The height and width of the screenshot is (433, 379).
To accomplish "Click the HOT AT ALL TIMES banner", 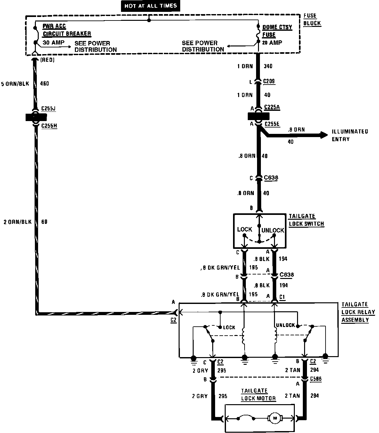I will [150, 6].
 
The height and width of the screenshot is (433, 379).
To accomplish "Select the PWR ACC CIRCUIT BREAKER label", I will [67, 30].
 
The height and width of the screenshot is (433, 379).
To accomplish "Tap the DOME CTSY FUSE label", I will [277, 31].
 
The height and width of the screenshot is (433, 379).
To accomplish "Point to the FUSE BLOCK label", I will [312, 20].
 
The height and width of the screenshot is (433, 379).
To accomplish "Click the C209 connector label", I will [269, 82].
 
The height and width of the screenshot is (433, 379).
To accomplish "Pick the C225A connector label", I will [272, 107].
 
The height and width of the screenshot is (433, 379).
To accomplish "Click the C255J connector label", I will [49, 109].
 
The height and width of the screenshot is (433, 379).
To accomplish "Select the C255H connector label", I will [49, 126].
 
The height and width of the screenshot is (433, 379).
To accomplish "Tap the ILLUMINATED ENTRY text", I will [350, 135].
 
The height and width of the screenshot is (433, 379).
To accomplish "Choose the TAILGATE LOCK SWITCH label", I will [306, 220].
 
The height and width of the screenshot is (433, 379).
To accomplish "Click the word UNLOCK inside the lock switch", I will [273, 230].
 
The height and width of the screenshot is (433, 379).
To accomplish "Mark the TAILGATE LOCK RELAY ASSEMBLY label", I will [358, 312].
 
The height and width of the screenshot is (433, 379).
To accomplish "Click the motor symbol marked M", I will [274, 418].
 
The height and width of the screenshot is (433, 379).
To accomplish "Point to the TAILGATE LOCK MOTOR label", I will [258, 395].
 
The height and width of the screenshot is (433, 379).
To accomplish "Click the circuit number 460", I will [44, 84].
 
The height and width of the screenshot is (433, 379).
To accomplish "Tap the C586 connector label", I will [316, 379].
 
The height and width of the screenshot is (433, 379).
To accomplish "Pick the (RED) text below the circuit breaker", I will [47, 60].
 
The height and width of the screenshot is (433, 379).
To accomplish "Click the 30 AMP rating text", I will [53, 42].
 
